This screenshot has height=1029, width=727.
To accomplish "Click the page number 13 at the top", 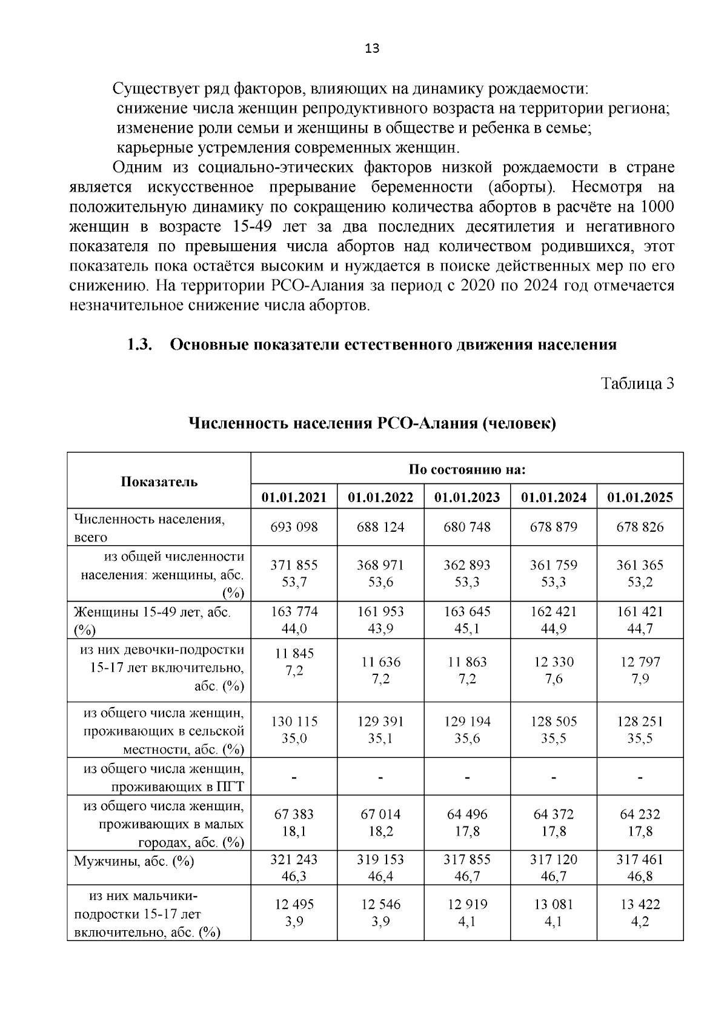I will pyautogui.click(x=372, y=49).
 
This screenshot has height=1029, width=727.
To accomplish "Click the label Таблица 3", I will pyautogui.click(x=637, y=383).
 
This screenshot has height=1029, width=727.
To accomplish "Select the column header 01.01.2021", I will pyautogui.click(x=294, y=497).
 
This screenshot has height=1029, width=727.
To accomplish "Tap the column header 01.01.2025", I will pyautogui.click(x=640, y=497).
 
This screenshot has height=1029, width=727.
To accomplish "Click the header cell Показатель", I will pyautogui.click(x=159, y=481).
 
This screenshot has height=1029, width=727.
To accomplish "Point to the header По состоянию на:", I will pyautogui.click(x=466, y=469).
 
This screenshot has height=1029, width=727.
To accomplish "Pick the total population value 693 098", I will pyautogui.click(x=294, y=527).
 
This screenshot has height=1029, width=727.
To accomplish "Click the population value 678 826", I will pyautogui.click(x=640, y=527).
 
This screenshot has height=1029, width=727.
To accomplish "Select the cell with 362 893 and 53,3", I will pyautogui.click(x=466, y=574).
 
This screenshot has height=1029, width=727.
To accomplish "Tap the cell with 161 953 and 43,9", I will pyautogui.click(x=380, y=620).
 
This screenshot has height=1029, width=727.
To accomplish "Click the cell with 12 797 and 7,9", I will pyautogui.click(x=640, y=670).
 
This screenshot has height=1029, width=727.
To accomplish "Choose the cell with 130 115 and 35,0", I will pyautogui.click(x=294, y=730).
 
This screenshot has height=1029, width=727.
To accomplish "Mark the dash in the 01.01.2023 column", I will pyautogui.click(x=467, y=777).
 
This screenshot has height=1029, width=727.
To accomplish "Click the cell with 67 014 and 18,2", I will pyautogui.click(x=380, y=822).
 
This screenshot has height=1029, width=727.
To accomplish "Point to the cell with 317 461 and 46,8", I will pyautogui.click(x=640, y=868).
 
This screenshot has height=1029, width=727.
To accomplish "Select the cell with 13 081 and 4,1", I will pyautogui.click(x=553, y=913).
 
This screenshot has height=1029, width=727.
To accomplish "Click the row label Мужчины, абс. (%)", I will pyautogui.click(x=134, y=861).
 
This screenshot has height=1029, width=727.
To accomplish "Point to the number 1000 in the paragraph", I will pyautogui.click(x=657, y=207).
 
